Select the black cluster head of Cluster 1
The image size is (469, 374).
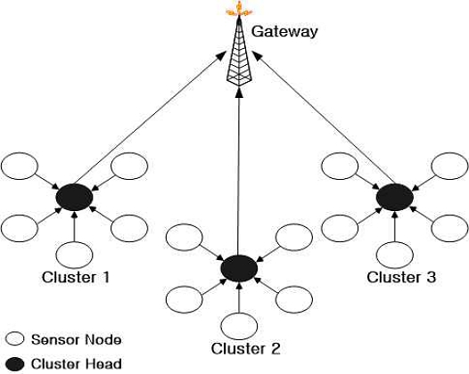tap(74, 196)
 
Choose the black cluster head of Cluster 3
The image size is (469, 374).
tap(392, 196)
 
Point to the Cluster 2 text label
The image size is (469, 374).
tap(245, 346)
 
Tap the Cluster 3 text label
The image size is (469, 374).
tap(401, 277)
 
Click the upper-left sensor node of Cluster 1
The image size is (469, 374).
tap(21, 167)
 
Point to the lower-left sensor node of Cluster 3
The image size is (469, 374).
tap(338, 226)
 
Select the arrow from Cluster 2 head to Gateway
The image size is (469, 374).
tap(239, 169)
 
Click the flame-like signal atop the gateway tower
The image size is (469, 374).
tap(239, 10)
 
